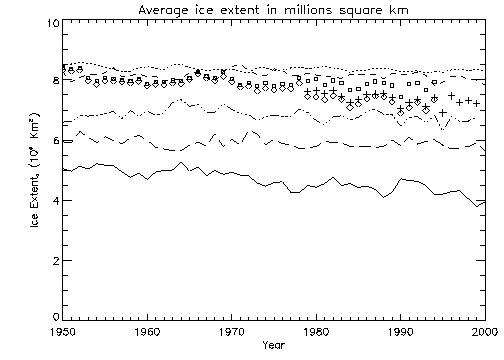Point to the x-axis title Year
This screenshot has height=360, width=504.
(x=273, y=346)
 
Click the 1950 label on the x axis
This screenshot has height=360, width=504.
(x=63, y=331)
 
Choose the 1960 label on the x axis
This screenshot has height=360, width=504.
(x=147, y=331)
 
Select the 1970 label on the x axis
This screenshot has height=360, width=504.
(x=232, y=331)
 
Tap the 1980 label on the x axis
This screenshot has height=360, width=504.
(x=317, y=331)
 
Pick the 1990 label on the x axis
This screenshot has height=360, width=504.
(x=401, y=331)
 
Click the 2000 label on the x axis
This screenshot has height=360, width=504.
(x=484, y=331)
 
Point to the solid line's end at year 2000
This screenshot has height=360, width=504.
(x=486, y=201)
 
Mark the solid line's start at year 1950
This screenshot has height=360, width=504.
(x=63, y=170)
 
